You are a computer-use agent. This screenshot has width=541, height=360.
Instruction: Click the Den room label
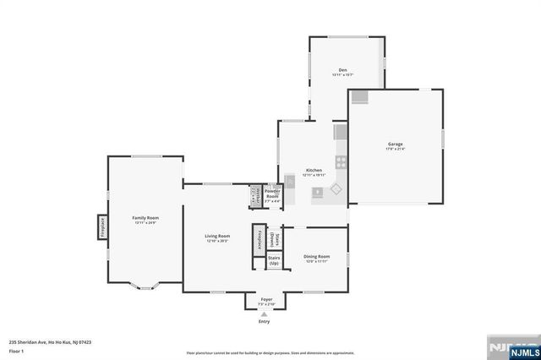343,69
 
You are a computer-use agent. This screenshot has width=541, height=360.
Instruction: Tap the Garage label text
395,144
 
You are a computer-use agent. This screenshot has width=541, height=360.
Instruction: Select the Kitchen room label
314,170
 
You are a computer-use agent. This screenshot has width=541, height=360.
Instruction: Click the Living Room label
217,236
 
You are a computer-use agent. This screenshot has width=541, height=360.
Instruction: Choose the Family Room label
145,217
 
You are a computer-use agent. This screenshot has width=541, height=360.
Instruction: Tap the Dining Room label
317,256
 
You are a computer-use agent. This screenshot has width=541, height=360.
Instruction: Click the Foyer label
266,299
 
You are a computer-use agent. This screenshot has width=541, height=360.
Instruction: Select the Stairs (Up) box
274,260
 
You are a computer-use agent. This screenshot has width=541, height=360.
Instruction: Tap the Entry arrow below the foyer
265,315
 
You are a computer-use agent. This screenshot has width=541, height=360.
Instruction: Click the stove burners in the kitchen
340,161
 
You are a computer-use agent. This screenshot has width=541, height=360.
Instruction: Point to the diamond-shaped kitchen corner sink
337,190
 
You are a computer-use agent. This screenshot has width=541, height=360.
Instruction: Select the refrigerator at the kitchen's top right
340,133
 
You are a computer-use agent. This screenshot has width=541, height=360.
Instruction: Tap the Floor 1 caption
16,350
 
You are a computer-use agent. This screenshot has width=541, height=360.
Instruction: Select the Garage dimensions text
395,150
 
